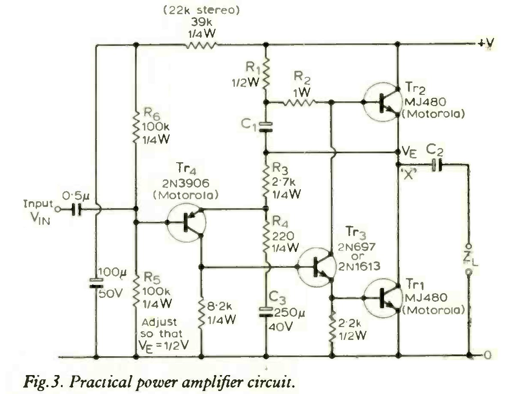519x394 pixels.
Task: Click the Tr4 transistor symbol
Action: point(186,222)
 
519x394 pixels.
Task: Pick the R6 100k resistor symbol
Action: point(136,128)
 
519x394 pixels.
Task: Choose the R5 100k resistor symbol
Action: point(136,292)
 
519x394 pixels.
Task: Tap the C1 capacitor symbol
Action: point(266,127)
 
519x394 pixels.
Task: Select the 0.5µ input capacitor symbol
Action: point(77,209)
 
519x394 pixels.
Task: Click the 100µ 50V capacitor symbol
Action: point(96,283)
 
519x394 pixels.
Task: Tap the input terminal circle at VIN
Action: point(57,209)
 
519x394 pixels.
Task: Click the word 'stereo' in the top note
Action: point(218,10)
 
